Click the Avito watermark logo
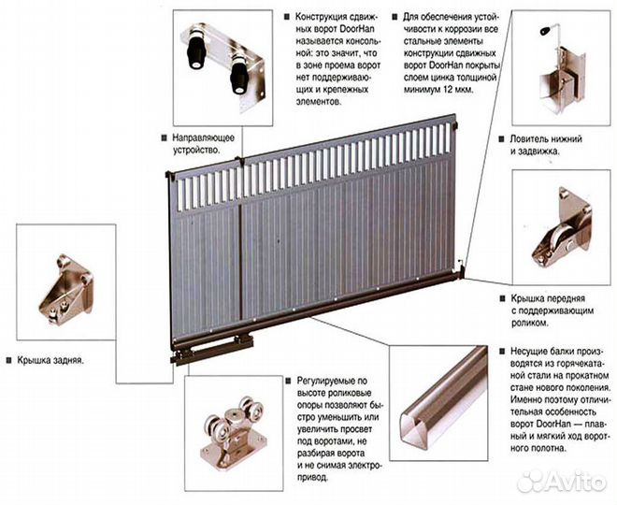click(562, 482)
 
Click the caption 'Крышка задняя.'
click(50, 361)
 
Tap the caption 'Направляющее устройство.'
click(204, 144)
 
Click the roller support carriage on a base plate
click(233, 432)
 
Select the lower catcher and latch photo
click(561, 69)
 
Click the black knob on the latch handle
click(545, 30)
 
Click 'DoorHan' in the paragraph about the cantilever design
click(357, 29)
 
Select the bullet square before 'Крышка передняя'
click(502, 298)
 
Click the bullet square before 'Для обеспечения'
click(395, 18)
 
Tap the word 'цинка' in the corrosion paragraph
click(438, 77)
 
